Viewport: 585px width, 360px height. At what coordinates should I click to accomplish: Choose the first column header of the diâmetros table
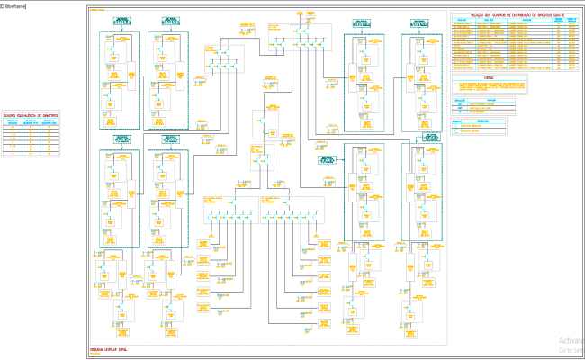click(13, 124)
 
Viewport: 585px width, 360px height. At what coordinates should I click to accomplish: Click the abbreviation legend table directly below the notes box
click(486, 106)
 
